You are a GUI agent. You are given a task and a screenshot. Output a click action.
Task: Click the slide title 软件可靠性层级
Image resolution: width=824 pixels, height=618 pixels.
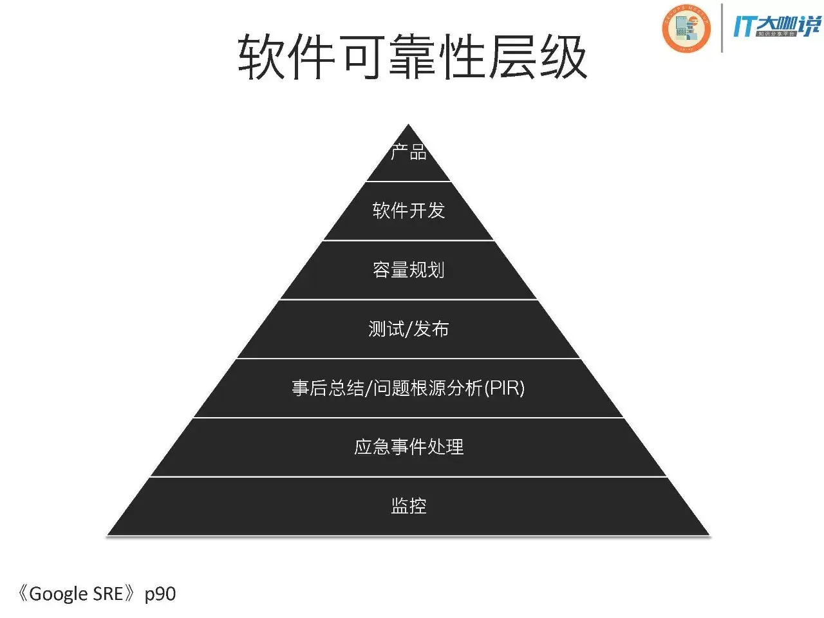point(412,58)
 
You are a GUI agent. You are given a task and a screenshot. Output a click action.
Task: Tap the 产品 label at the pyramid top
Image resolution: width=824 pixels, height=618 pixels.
point(409,153)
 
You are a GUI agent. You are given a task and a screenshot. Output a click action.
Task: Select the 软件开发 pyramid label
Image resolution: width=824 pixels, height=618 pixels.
point(409,211)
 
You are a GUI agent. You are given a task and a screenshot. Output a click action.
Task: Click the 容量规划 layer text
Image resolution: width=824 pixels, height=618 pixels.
point(409,270)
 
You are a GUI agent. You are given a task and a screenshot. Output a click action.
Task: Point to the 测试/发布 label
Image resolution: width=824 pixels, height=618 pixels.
point(409,329)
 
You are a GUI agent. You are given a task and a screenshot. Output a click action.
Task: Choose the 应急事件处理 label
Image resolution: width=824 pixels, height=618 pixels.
point(409,447)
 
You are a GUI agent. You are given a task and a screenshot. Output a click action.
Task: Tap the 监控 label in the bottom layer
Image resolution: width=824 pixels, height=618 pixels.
point(409,506)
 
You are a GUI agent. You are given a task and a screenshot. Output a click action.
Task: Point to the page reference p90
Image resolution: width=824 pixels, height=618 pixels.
point(160,594)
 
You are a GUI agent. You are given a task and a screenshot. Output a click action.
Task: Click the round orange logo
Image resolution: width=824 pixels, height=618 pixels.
point(686,28)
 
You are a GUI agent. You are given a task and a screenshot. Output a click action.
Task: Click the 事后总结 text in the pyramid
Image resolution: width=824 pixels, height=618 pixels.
point(328,388)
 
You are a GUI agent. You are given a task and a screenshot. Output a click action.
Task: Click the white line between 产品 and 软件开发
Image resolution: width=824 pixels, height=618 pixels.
point(409,182)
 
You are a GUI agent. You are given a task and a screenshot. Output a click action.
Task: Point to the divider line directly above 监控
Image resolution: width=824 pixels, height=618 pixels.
point(409,476)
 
